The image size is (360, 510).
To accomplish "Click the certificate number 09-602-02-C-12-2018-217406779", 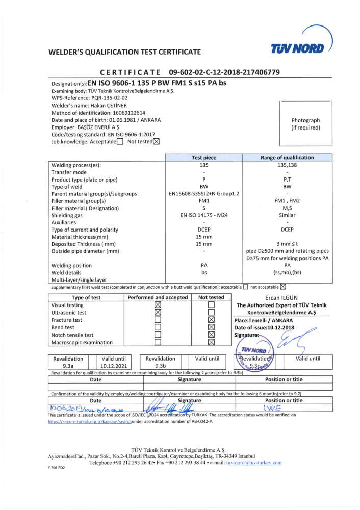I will (224, 72).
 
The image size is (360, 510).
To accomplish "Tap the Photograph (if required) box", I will (305, 124).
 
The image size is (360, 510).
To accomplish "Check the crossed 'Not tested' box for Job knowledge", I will (157, 141).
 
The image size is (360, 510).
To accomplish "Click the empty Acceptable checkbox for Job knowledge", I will (120, 142).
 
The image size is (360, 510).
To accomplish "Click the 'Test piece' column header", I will (203, 158).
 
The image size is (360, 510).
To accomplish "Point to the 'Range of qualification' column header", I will (287, 158).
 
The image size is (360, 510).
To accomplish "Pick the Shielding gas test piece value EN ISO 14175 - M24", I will (203, 215).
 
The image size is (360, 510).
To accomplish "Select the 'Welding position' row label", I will (72, 265).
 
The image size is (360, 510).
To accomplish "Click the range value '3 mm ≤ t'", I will (287, 244).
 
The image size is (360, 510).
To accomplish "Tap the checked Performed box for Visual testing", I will (158, 305).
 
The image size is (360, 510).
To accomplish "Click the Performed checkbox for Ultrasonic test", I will (158, 313).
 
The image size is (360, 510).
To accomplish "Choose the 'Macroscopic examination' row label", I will (82, 342).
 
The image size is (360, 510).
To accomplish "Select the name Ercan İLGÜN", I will (281, 297).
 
